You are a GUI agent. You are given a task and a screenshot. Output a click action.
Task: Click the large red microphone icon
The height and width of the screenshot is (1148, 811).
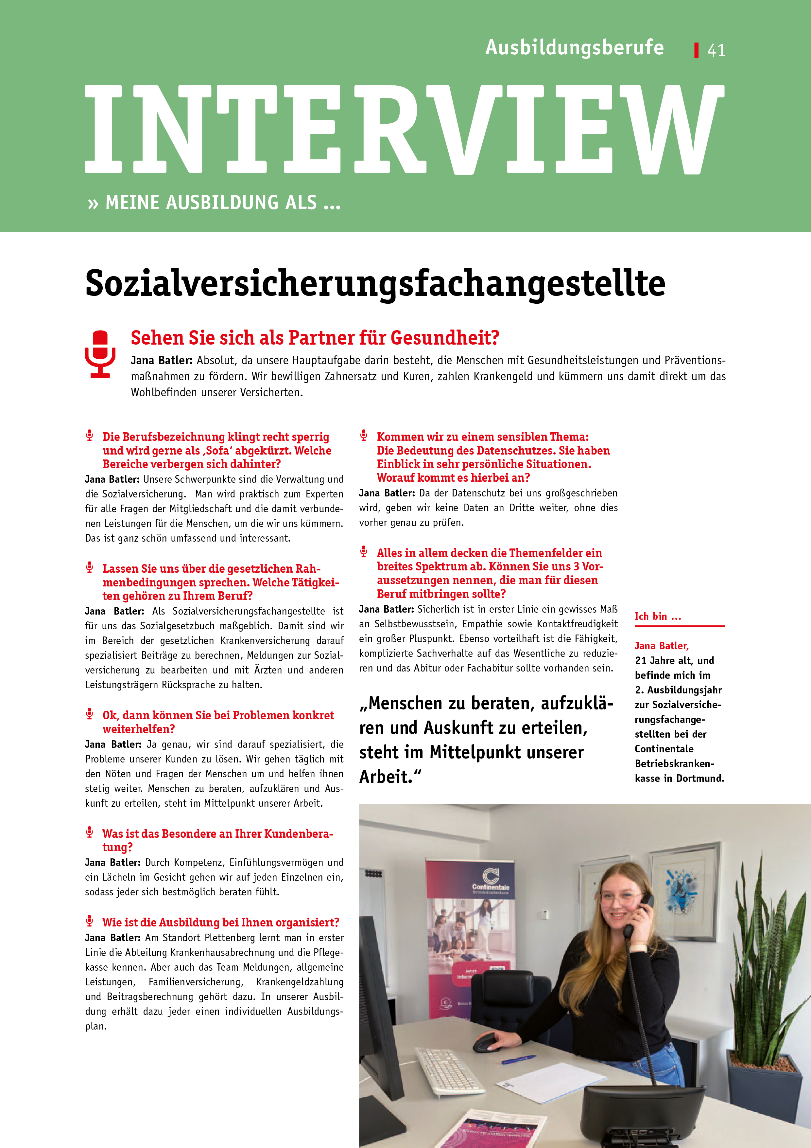100,353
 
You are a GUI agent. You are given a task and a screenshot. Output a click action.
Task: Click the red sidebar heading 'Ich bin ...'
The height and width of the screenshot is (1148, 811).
658,617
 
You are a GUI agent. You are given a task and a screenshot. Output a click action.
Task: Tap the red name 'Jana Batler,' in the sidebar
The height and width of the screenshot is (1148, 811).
661,646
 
